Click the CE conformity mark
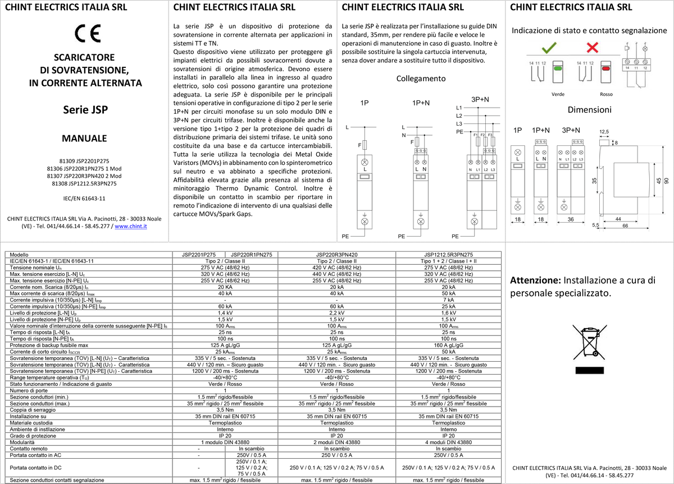coord(88,33)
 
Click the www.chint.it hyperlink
coord(130,226)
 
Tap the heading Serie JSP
coord(85,110)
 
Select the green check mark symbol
coord(549,48)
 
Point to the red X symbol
coord(593,48)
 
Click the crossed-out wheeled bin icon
coord(590,342)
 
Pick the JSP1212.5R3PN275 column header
coord(448,255)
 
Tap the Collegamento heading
coord(421,79)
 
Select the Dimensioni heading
coord(589,110)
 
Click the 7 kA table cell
coord(448,300)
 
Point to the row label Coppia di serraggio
coord(33,410)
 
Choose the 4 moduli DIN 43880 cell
coord(448,442)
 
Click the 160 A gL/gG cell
coord(448,345)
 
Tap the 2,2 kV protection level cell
coord(336,313)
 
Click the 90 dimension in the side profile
coord(667,181)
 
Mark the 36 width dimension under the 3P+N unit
coord(571,219)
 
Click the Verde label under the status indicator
coord(558,94)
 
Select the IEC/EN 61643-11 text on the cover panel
coord(84,199)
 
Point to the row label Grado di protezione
coord(33,436)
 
